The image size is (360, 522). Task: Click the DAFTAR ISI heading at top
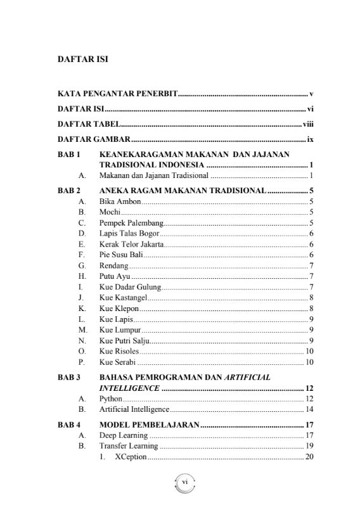82,61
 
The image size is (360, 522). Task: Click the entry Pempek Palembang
131,223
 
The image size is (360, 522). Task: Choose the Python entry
110,398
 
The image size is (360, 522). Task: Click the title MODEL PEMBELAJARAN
149,424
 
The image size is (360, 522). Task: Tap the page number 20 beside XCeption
309,457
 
